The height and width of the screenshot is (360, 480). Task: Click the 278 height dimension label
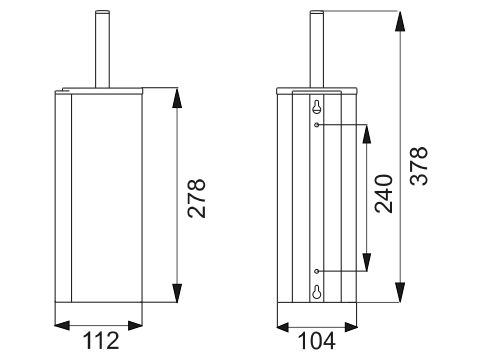click(196, 199)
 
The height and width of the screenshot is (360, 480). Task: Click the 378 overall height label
click(418, 166)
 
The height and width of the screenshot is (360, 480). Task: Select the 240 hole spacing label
click(384, 194)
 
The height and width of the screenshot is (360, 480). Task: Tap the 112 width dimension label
click(101, 340)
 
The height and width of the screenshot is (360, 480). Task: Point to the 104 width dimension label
click(316, 341)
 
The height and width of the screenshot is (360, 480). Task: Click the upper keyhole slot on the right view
click(317, 106)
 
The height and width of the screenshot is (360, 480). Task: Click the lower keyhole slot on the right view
click(317, 292)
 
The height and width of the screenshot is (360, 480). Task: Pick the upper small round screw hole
click(317, 125)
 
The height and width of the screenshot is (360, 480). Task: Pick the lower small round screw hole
click(317, 271)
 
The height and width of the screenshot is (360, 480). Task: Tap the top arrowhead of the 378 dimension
click(400, 21)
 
